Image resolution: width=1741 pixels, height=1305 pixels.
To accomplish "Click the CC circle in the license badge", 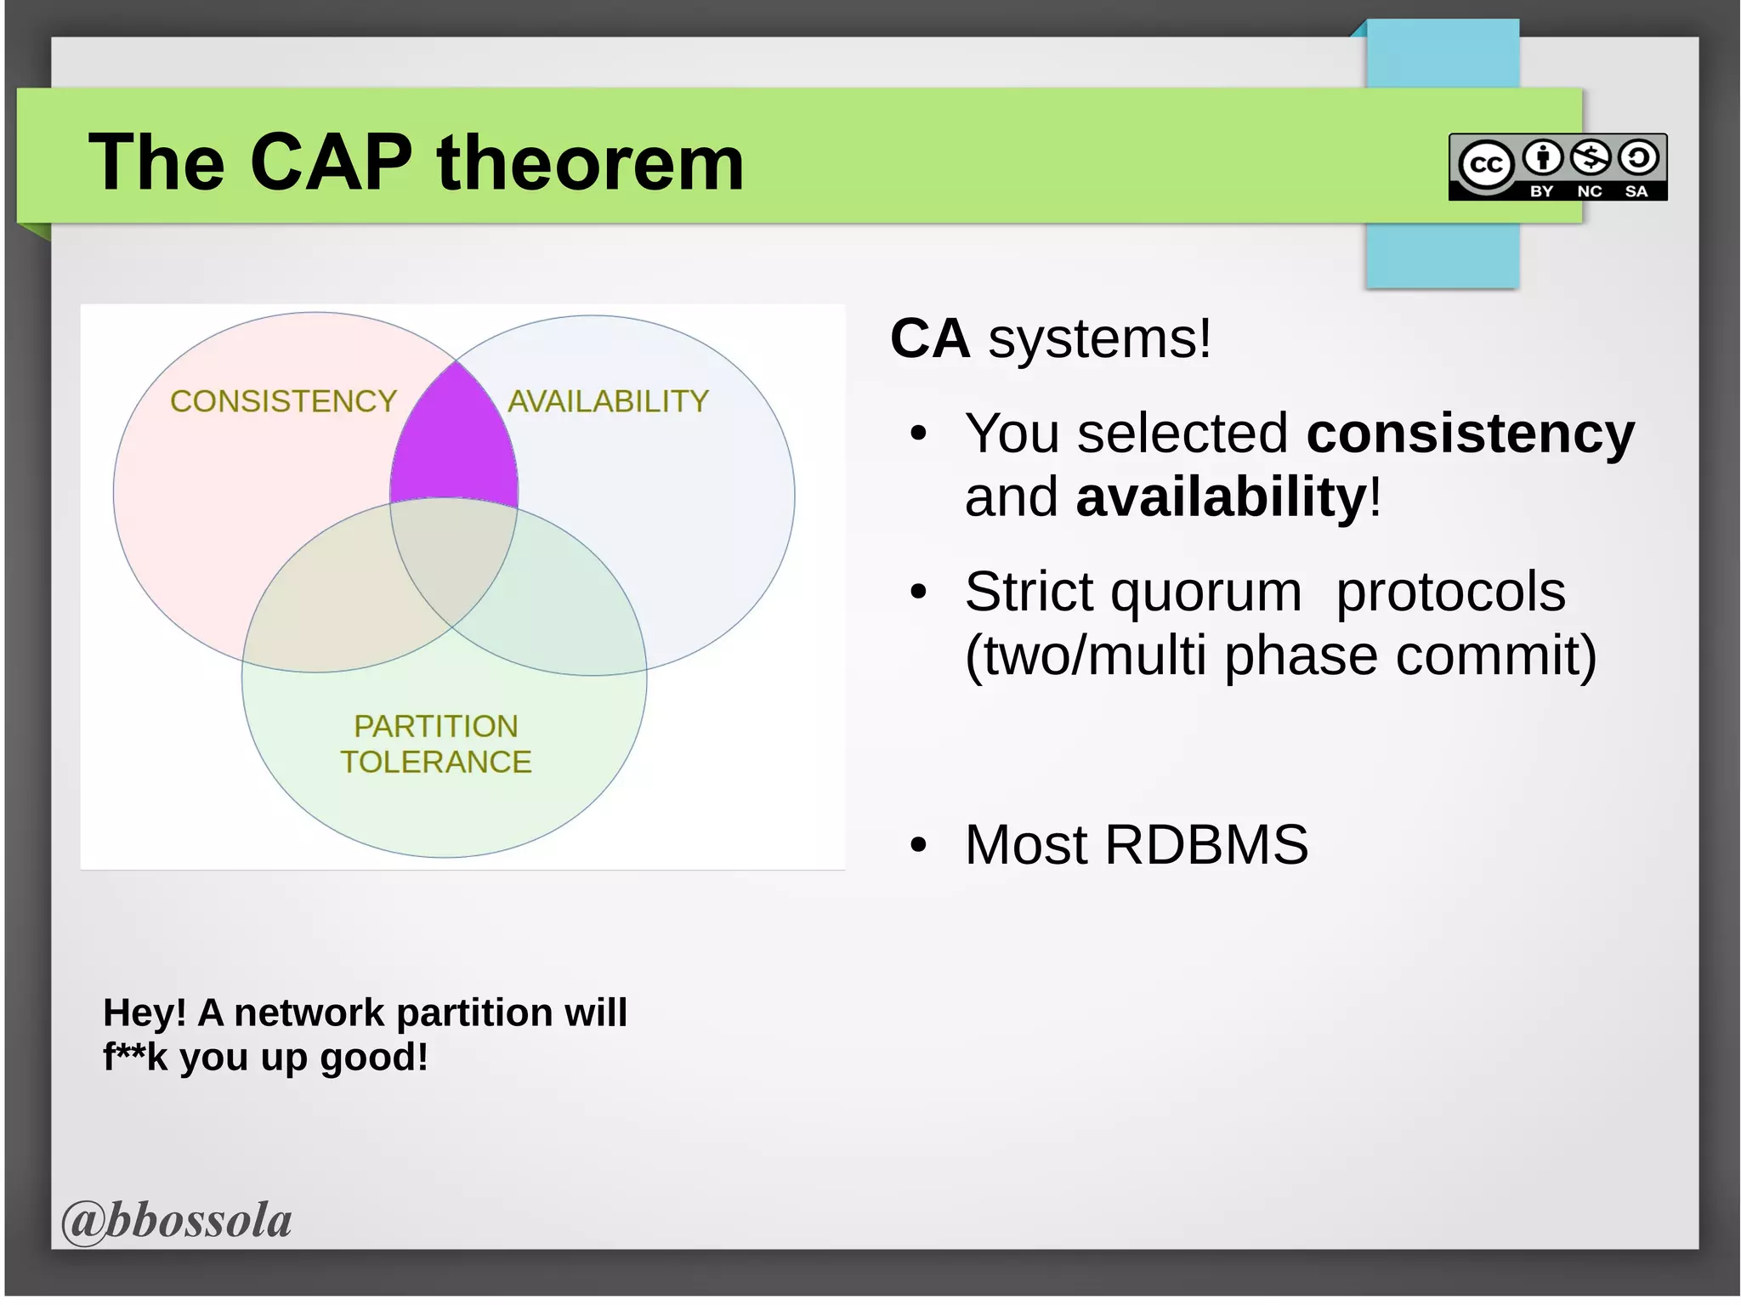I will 1485,164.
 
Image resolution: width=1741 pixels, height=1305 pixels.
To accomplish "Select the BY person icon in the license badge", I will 1542,157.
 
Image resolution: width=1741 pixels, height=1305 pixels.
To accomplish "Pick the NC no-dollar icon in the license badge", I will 1590,157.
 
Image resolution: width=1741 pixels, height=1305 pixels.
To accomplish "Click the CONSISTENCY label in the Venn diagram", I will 283,401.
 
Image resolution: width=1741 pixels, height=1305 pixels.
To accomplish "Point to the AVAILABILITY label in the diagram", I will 608,401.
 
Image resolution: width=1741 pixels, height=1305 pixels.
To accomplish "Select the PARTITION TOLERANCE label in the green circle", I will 436,744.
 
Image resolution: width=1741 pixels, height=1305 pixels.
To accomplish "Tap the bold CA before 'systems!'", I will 930,338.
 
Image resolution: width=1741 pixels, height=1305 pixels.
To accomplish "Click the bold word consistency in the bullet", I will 1470,434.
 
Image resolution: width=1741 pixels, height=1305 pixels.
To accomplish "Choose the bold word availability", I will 1221,497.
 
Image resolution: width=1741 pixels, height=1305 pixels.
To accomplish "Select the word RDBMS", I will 1206,845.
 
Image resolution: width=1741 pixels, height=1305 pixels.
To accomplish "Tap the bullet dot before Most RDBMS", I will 918,846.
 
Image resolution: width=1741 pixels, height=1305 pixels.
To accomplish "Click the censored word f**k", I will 135,1057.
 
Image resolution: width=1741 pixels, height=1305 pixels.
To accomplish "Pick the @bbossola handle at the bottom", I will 177,1221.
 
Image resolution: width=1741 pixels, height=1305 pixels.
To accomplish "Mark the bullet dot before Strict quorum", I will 918,593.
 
